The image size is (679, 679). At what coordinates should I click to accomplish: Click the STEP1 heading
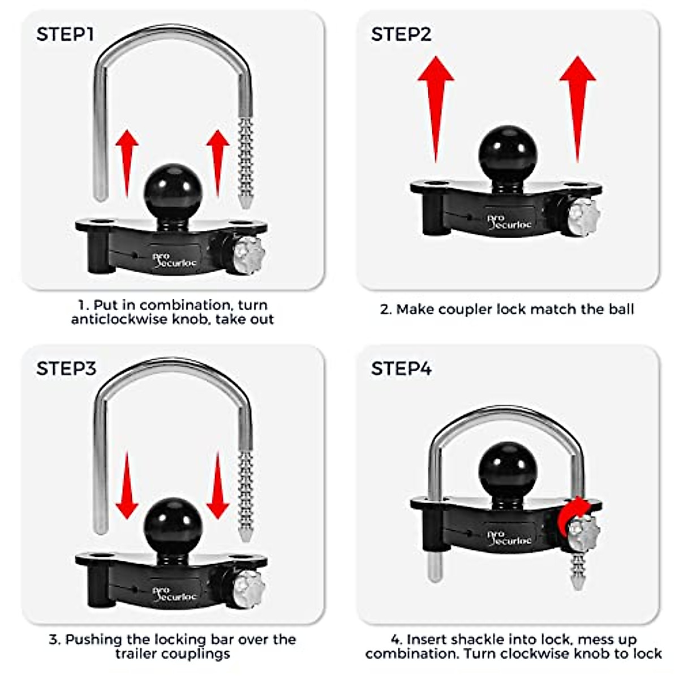(65, 35)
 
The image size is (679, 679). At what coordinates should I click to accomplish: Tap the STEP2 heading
(401, 35)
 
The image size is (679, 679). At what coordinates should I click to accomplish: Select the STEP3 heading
(66, 369)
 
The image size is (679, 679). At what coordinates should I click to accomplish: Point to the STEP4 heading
(401, 369)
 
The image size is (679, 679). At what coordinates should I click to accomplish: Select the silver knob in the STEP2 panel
(583, 217)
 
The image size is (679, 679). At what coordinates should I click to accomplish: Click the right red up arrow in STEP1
(218, 161)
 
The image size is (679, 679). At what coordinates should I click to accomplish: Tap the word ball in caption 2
(618, 310)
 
